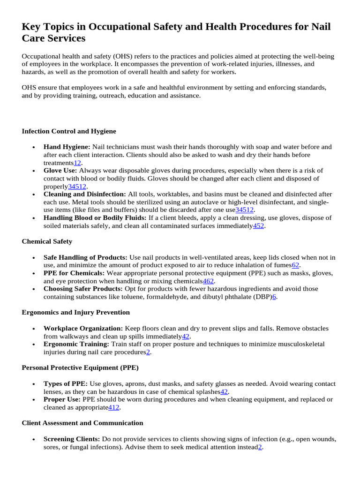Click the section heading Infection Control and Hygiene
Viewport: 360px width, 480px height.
tap(69, 131)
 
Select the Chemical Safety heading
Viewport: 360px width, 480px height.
tap(47, 241)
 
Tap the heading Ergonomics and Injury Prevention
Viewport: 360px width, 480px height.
tap(76, 312)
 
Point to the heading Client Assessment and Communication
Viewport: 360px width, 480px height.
tap(82, 423)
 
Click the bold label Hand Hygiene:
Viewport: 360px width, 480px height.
tap(67, 147)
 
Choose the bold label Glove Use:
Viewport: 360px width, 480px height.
tap(60, 171)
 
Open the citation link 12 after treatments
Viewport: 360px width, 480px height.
tap(78, 163)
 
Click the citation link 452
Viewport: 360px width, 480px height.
tap(259, 226)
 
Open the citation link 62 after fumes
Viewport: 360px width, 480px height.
tap(295, 265)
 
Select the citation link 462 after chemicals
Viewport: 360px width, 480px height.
tap(209, 281)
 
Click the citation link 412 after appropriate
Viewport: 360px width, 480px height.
tap(114, 407)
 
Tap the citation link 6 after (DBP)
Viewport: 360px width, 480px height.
tap(274, 297)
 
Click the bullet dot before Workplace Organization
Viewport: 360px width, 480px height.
tap(34, 329)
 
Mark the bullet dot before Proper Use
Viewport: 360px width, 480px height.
tap(34, 400)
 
